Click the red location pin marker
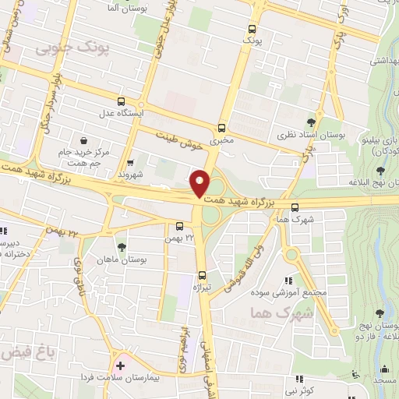[x=200, y=182]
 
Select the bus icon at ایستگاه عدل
[x=121, y=101]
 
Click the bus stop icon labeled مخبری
[x=222, y=128]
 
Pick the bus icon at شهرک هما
[x=295, y=207]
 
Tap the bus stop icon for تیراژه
[x=202, y=274]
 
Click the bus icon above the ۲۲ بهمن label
[x=179, y=228]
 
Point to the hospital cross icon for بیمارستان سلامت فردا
[x=120, y=365]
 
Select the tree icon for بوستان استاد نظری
[x=311, y=122]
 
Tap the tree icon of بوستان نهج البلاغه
[x=380, y=171]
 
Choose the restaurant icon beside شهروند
[x=131, y=163]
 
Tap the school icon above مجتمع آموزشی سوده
[x=288, y=280]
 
